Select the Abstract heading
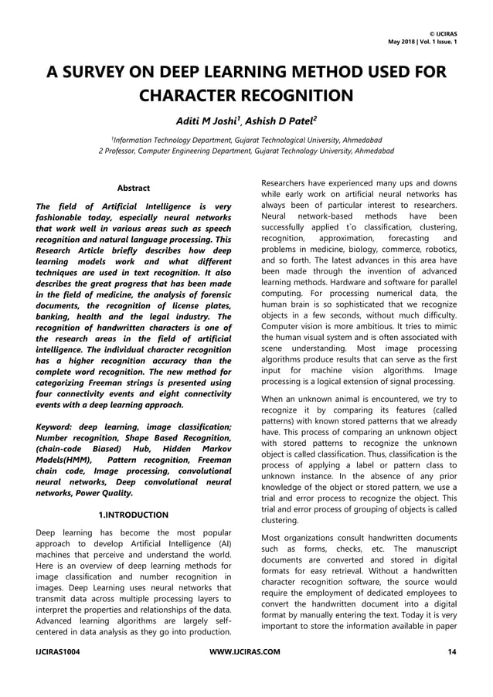(x=133, y=188)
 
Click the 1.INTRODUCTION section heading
(x=133, y=515)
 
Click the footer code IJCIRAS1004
(x=57, y=653)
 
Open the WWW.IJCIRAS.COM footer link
(x=244, y=653)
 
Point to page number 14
(x=451, y=653)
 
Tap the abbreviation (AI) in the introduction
(x=222, y=544)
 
